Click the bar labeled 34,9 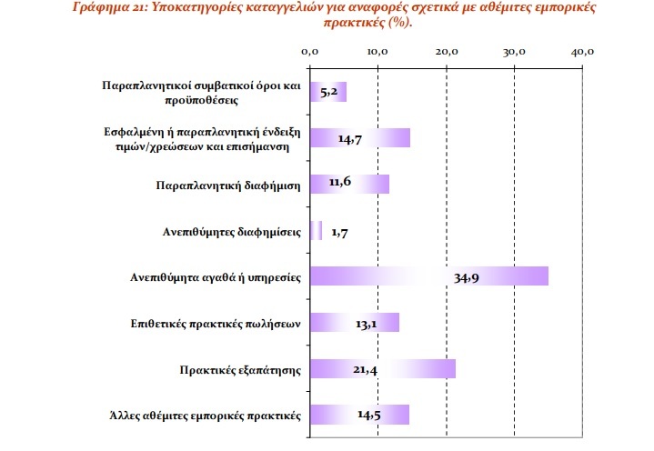click(x=428, y=276)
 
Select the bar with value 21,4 click(x=382, y=369)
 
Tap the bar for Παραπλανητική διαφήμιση click(x=349, y=184)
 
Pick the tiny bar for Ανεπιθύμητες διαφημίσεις click(x=316, y=231)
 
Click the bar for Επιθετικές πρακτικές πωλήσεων click(x=354, y=323)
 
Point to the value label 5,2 click(x=329, y=92)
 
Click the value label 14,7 click(x=351, y=138)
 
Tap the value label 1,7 click(x=340, y=232)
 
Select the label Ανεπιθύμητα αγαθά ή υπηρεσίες click(x=216, y=277)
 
